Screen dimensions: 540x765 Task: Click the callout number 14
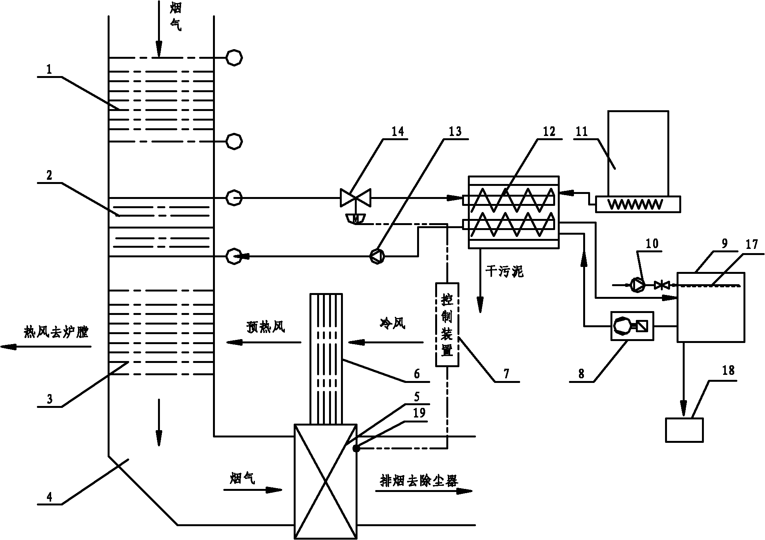click(397, 132)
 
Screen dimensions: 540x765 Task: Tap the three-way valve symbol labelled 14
click(355, 198)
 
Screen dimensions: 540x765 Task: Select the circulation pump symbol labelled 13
click(376, 255)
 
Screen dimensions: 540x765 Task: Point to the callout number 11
click(582, 132)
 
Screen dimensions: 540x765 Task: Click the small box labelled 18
click(685, 430)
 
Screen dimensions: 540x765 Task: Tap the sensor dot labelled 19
click(356, 448)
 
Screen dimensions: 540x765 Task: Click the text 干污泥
click(504, 272)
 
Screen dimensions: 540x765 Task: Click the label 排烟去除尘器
click(419, 481)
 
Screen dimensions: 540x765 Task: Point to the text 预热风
click(266, 327)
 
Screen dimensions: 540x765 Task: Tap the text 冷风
click(392, 324)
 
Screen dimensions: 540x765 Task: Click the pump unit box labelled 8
click(632, 326)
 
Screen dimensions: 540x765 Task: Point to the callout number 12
click(549, 131)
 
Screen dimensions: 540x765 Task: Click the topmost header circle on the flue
click(234, 58)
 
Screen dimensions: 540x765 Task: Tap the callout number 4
click(50, 497)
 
